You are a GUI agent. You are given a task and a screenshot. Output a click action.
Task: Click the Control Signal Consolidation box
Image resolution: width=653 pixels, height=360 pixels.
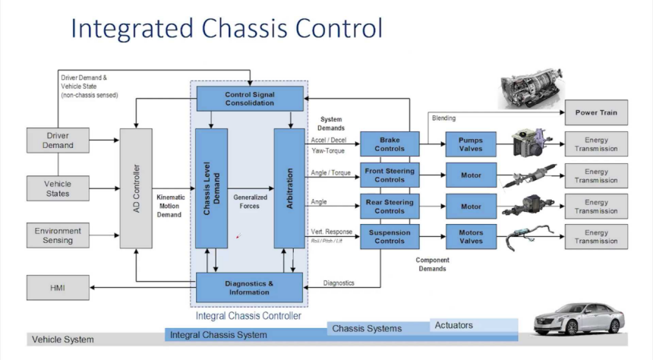[x=249, y=98]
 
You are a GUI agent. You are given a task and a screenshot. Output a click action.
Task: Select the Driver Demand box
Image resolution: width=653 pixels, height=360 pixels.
[x=58, y=141]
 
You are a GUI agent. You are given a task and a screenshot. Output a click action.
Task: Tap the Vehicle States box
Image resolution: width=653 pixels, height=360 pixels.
[x=58, y=188]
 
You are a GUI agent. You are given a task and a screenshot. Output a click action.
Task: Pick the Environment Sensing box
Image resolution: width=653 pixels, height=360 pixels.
[x=58, y=235]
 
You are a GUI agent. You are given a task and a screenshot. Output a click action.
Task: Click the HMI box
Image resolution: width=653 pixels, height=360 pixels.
[x=58, y=287]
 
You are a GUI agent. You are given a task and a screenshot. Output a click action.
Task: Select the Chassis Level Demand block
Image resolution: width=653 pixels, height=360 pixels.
[x=211, y=188]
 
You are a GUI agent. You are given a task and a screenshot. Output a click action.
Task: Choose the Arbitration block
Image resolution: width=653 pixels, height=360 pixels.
[x=289, y=188]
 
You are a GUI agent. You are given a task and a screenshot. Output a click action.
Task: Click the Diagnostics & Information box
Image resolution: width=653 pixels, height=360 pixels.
[x=249, y=287]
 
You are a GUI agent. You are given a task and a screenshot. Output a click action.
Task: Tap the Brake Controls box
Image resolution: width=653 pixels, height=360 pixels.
[x=389, y=144]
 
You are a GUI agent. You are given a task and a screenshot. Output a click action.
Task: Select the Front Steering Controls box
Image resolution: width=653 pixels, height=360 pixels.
[x=389, y=175]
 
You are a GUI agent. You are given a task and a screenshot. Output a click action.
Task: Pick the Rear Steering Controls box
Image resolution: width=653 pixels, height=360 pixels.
[x=389, y=207]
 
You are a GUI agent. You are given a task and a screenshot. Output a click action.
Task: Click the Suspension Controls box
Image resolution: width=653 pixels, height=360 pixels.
[x=389, y=237]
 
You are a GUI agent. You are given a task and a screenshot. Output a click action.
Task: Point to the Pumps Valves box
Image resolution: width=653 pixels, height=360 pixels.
[x=471, y=144]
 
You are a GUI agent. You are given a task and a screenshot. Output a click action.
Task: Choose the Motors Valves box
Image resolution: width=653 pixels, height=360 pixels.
[x=471, y=237]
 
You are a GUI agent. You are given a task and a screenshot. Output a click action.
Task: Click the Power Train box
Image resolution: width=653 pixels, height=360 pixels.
[x=596, y=113]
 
